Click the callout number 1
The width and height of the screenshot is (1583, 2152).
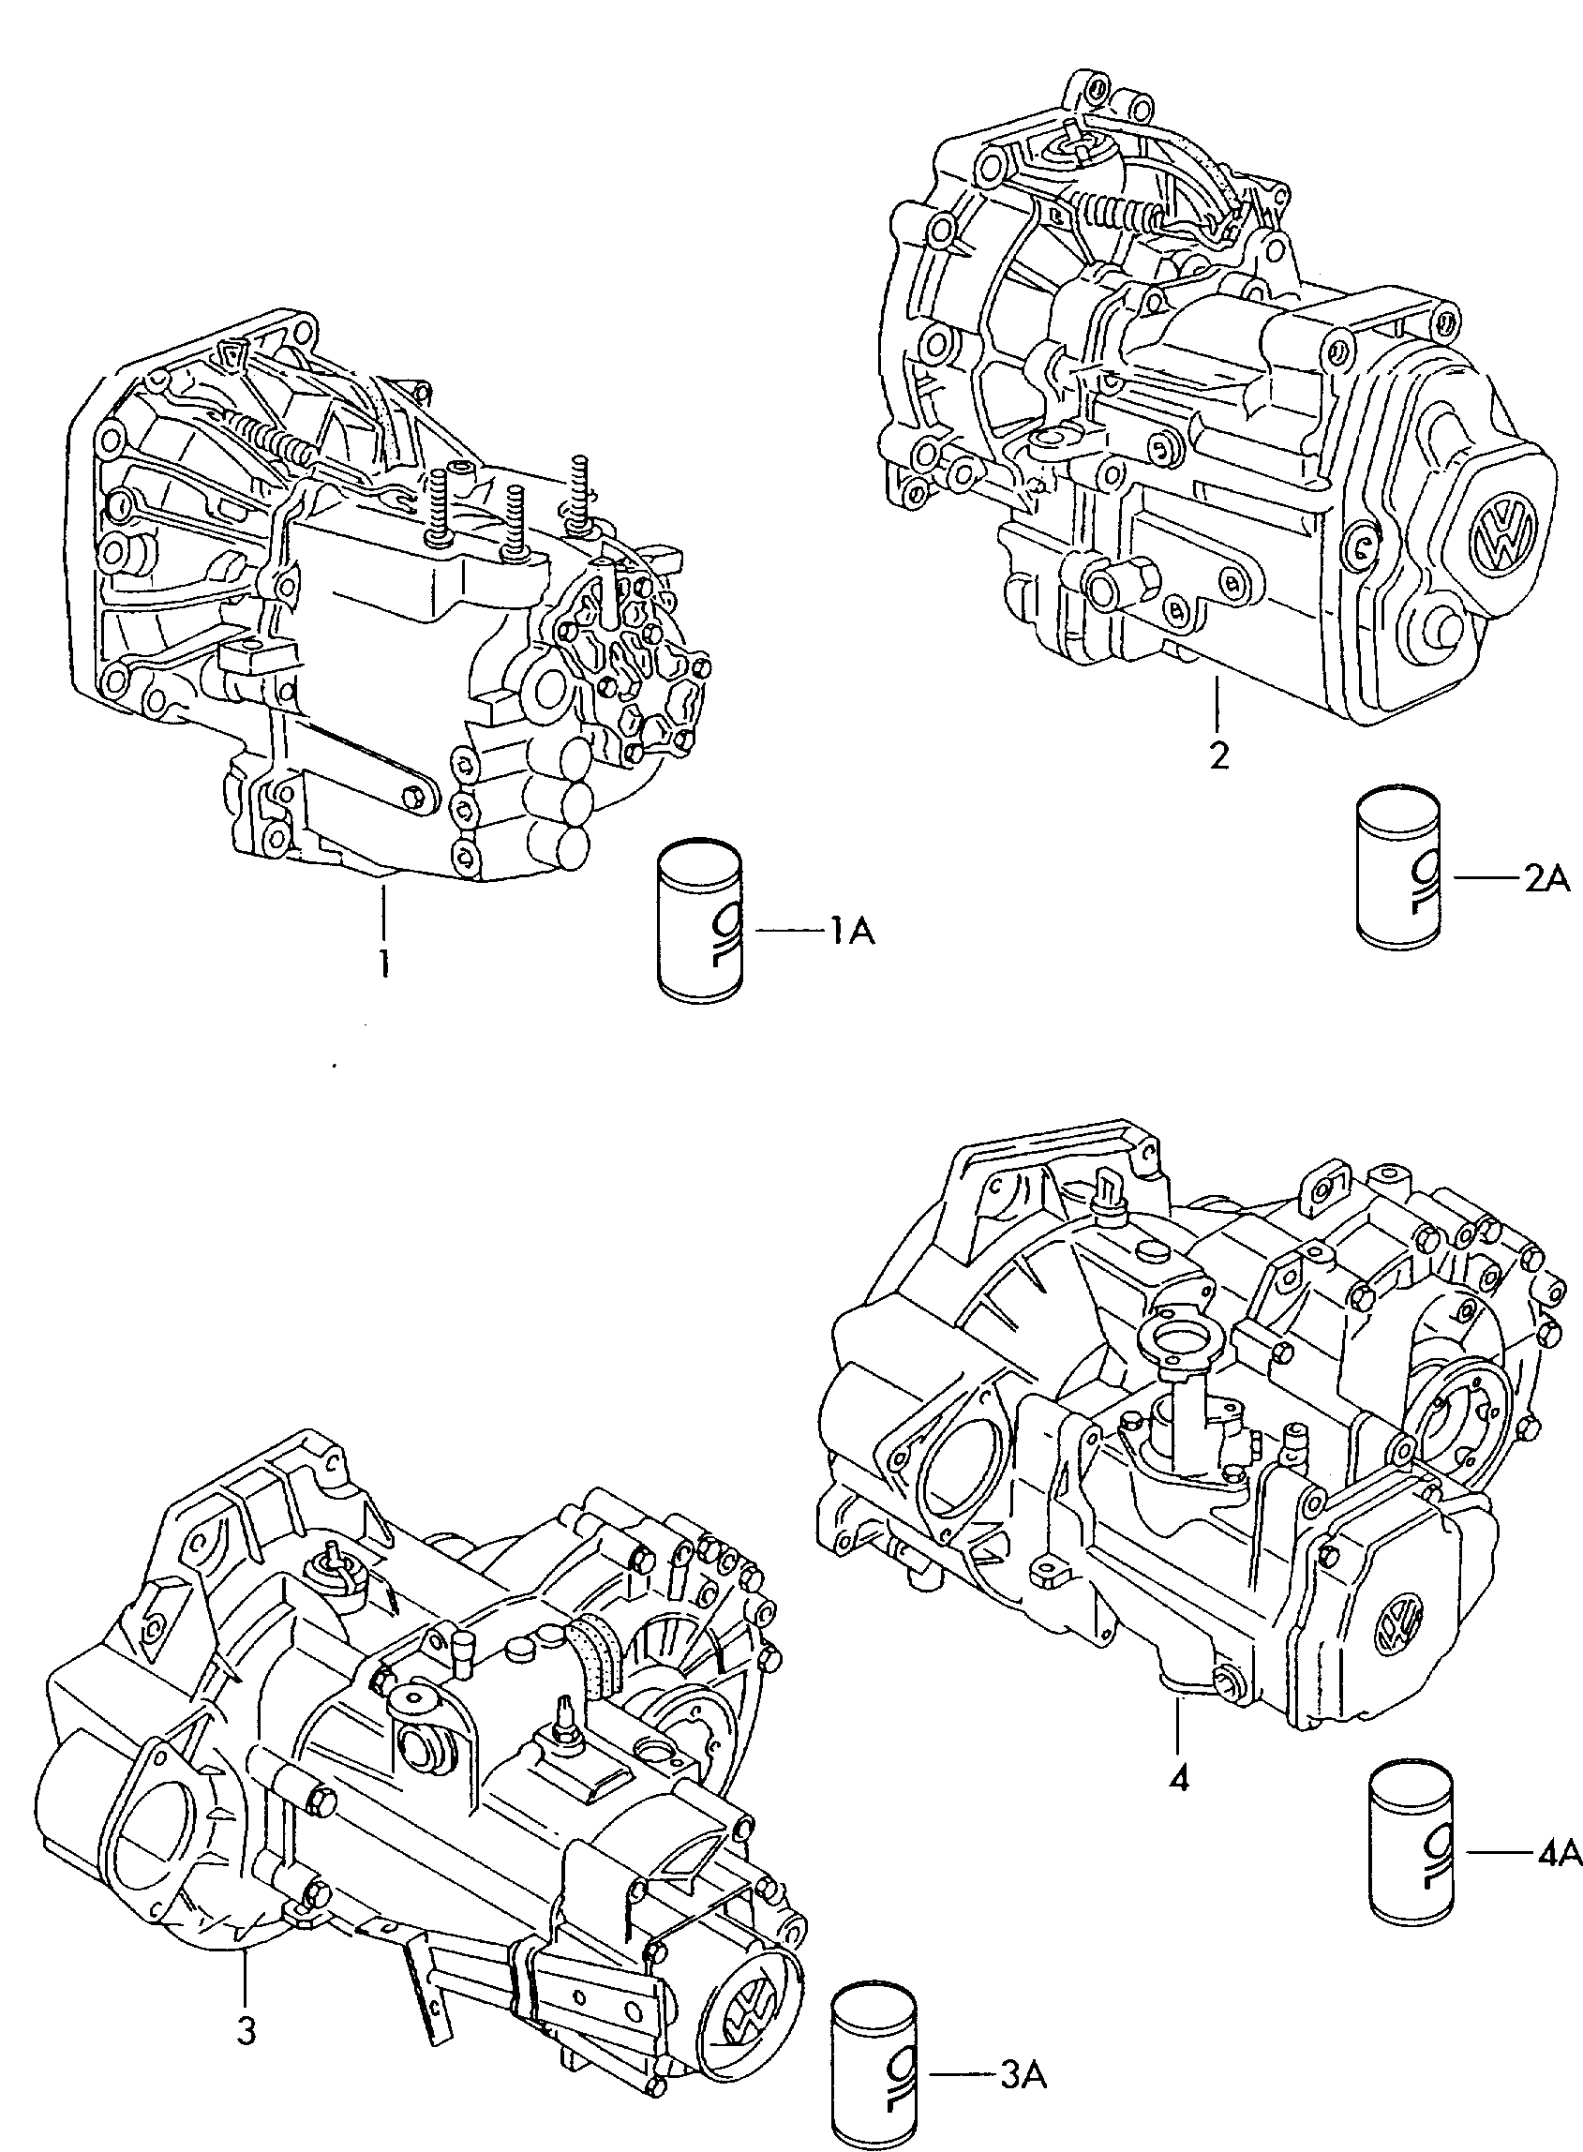(383, 962)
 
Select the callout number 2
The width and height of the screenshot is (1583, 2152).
(1217, 756)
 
